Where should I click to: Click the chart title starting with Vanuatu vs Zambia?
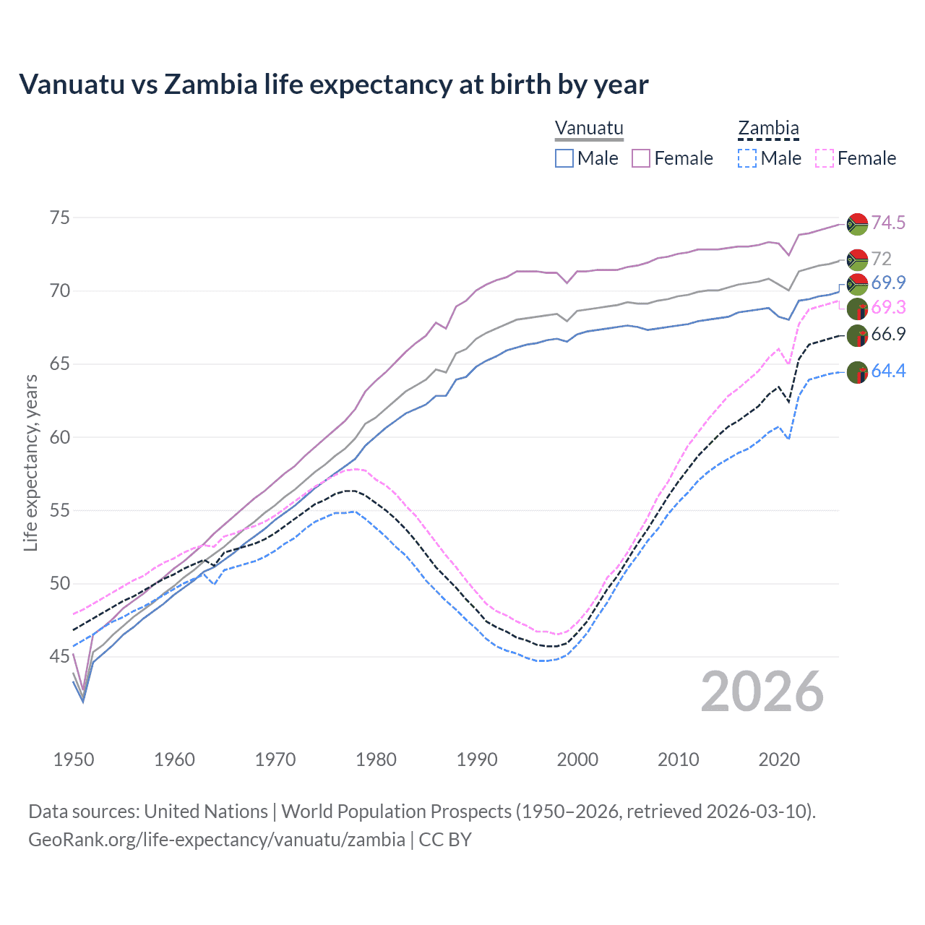coord(333,85)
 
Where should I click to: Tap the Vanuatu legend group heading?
coord(589,128)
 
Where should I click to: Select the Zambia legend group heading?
coord(768,128)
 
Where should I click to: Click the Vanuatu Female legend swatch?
coord(641,158)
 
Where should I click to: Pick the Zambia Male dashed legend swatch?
coord(747,158)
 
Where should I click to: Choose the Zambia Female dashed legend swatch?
coord(825,158)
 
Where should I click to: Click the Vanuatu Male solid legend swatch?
coord(564,158)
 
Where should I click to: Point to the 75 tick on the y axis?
coord(60,218)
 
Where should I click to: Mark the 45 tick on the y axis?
coord(60,657)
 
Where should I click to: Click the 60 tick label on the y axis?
coord(60,437)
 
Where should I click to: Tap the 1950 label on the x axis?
coord(74,760)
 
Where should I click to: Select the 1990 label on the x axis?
coord(477,760)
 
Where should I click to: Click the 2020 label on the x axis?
coord(779,760)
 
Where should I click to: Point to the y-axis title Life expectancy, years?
coord(30,462)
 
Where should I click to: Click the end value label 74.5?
coord(888,223)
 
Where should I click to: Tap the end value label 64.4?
coord(888,371)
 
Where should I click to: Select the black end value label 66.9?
coord(888,334)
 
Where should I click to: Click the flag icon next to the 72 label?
coord(857,259)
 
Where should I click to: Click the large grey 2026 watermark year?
coord(762,692)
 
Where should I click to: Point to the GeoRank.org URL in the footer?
coord(217,840)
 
